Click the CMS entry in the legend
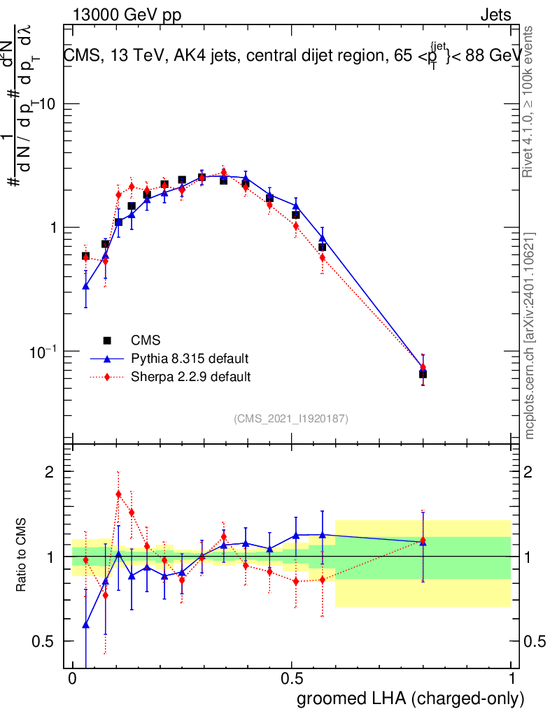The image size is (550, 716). coord(146,341)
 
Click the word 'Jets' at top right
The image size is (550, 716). coord(495,15)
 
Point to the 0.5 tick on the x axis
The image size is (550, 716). coord(292,679)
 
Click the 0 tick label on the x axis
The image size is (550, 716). coord(73,679)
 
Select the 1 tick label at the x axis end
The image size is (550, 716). coord(511,679)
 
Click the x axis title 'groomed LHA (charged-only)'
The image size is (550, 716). coord(411,699)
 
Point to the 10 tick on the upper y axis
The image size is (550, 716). coord(51,103)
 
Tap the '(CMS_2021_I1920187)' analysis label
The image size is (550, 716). coord(291,418)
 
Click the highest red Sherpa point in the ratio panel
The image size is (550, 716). coord(118,494)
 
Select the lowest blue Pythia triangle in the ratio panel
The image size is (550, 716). coord(86,624)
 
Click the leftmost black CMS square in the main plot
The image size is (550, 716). coord(85,256)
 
